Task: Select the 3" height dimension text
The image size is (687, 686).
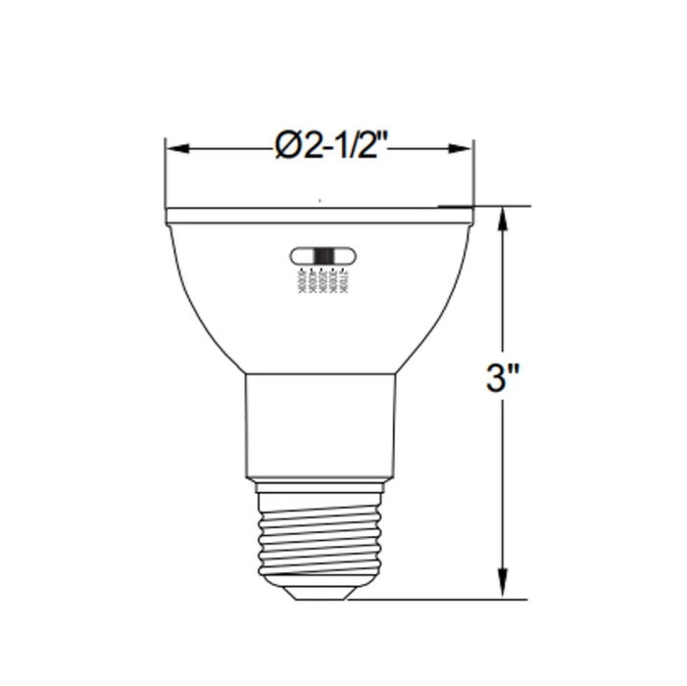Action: (502, 378)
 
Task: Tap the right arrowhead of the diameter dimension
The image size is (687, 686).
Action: (463, 149)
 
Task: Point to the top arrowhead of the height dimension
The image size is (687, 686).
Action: (504, 218)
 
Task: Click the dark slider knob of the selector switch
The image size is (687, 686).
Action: (323, 257)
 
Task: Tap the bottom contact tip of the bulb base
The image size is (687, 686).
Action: (319, 593)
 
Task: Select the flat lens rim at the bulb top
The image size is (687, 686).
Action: (319, 216)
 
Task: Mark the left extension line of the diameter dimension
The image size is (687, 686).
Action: (165, 176)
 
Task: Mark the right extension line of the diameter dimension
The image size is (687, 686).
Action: (474, 176)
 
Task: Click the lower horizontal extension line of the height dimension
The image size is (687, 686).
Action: (441, 599)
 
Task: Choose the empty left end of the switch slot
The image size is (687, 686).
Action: (300, 257)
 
